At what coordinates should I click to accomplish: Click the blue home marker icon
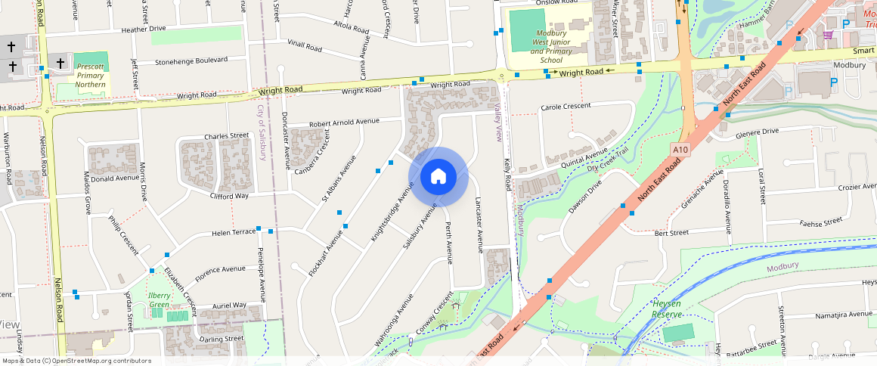click(x=438, y=177)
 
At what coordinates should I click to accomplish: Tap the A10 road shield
click(x=680, y=150)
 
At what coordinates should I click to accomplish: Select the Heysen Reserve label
click(x=667, y=309)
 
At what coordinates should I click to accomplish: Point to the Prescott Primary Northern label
click(x=91, y=76)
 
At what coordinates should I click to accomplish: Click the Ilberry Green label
click(x=159, y=300)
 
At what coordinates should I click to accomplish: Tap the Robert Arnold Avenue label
click(x=344, y=122)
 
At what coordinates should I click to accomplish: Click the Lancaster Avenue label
click(x=479, y=224)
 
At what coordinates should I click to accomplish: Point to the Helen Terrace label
click(x=234, y=232)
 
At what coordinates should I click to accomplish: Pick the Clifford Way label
click(x=230, y=196)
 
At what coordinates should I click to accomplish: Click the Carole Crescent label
click(x=566, y=107)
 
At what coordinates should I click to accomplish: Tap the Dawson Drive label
click(x=585, y=196)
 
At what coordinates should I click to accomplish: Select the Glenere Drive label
click(x=757, y=132)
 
